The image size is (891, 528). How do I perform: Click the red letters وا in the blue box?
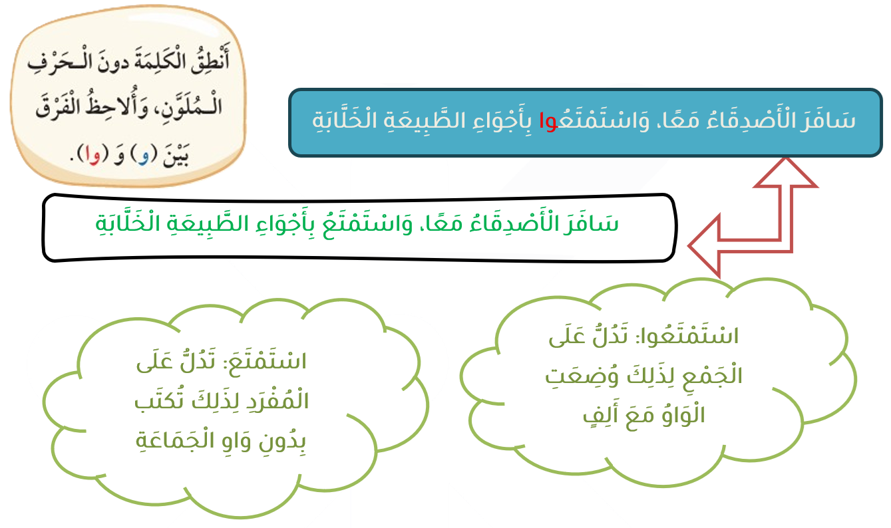pos(548,121)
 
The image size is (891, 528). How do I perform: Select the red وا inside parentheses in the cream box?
pos(91,154)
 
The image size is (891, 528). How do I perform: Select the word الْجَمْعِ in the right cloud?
pos(713,376)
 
